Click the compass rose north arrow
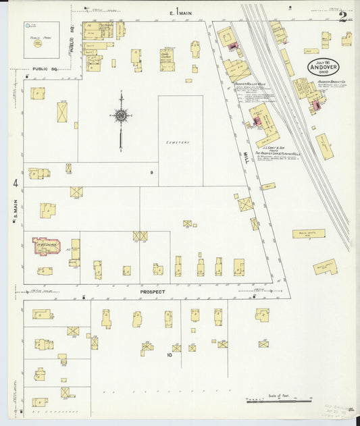tap(120, 115)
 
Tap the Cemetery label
tap(179, 142)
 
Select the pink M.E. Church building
tap(47, 246)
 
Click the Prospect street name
tap(153, 292)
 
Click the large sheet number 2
tap(343, 16)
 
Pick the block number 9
tap(152, 174)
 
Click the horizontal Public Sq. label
tap(45, 69)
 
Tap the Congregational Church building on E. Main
tap(167, 59)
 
